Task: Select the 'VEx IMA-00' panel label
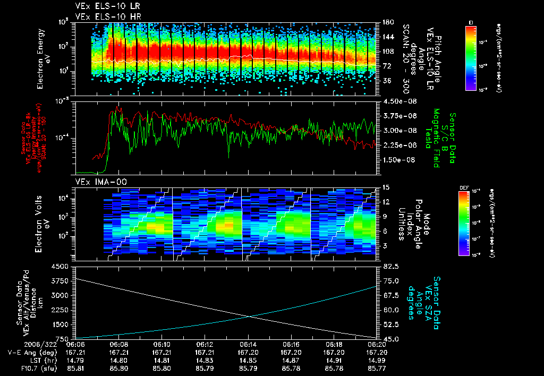[x=97, y=182]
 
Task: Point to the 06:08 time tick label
[x=118, y=344]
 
